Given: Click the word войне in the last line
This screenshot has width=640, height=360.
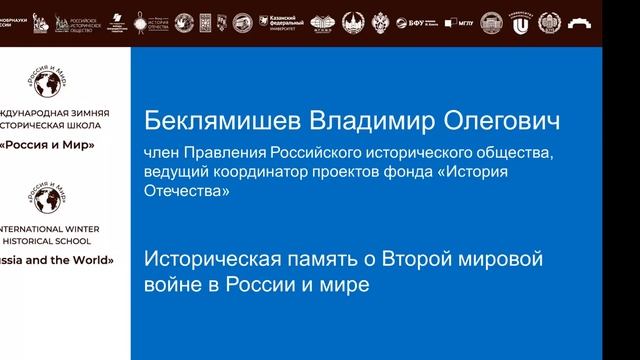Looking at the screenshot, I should coord(170,284).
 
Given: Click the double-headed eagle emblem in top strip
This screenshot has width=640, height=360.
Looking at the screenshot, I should coord(381,22).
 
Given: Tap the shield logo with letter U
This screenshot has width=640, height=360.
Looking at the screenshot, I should coord(520,22).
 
